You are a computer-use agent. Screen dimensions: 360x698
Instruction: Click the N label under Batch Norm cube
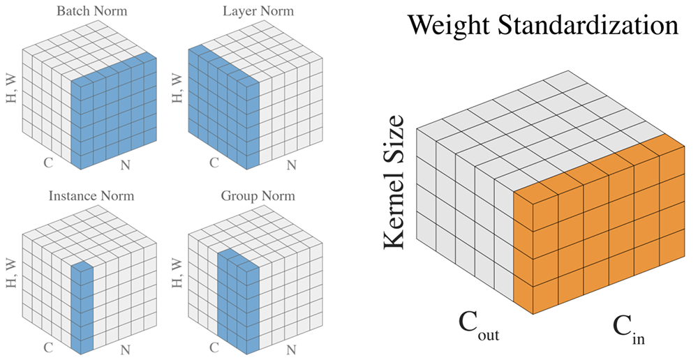point(126,165)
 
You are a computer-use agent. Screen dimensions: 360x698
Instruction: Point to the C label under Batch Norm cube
point(48,163)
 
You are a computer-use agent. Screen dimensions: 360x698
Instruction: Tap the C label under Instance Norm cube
point(48,347)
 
